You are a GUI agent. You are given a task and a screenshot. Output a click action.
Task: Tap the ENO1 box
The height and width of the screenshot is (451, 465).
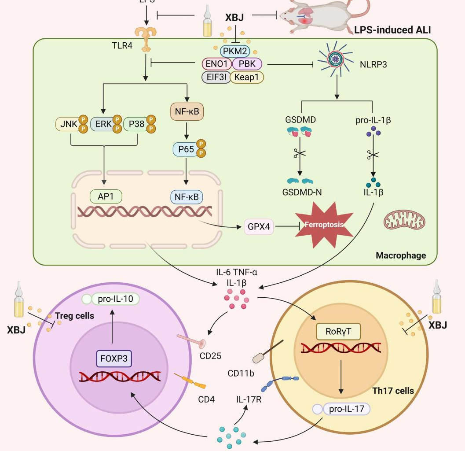click(216, 64)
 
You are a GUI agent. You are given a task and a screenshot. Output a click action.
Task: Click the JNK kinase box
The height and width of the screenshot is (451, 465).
click(66, 125)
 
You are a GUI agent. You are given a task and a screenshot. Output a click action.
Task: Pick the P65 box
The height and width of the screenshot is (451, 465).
click(185, 150)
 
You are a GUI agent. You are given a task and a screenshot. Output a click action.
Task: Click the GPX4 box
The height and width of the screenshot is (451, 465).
click(258, 227)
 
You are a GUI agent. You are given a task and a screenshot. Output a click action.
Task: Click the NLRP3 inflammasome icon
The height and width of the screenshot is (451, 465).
click(337, 59)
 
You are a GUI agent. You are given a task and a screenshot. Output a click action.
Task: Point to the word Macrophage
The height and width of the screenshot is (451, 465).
click(401, 255)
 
